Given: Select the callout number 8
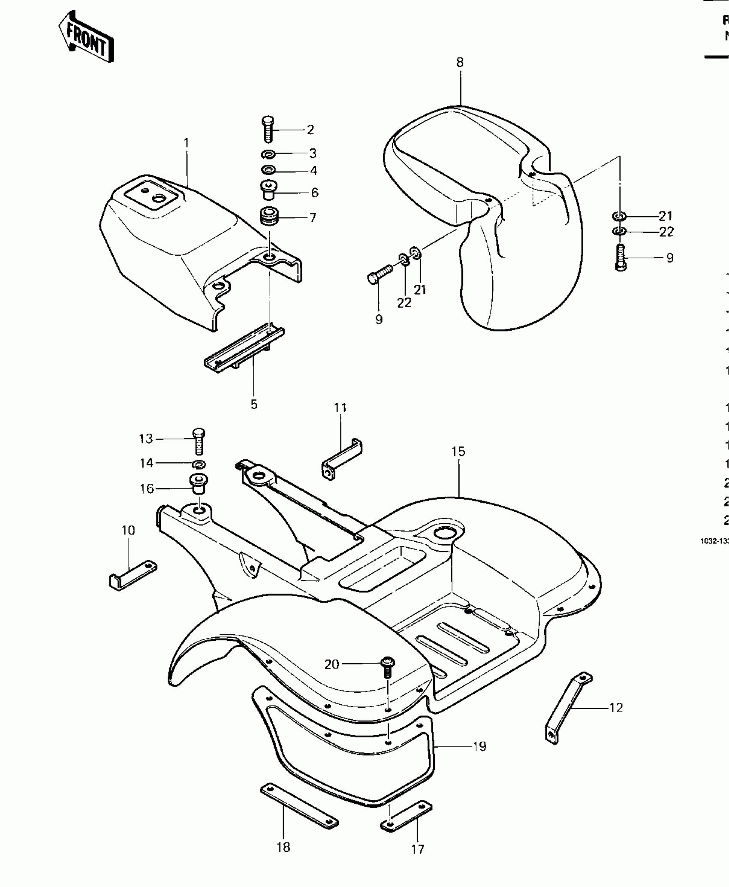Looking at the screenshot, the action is (460, 63).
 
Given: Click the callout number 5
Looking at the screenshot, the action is (254, 404).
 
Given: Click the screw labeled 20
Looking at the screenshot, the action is (387, 667).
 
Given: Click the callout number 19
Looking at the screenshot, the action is (479, 746).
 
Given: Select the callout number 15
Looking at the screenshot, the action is (458, 451).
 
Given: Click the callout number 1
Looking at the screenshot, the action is (186, 143).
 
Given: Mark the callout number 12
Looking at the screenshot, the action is (616, 708).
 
